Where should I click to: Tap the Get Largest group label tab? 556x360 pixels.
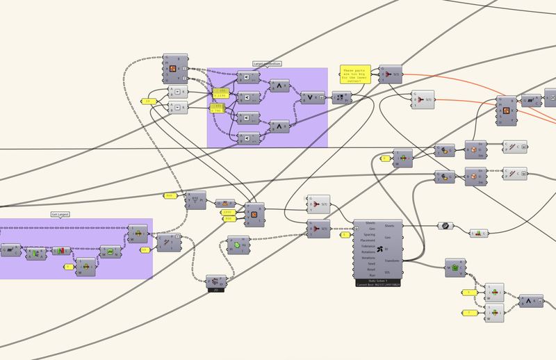62,214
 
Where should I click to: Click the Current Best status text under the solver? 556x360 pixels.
384,286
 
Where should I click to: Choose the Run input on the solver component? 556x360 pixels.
370,275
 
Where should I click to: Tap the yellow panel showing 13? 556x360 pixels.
148,101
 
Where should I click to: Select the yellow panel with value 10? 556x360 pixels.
145,249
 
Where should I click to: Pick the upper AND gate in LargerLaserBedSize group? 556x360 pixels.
279,85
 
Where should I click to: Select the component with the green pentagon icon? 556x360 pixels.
455,267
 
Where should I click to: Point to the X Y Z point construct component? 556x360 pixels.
196,199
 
